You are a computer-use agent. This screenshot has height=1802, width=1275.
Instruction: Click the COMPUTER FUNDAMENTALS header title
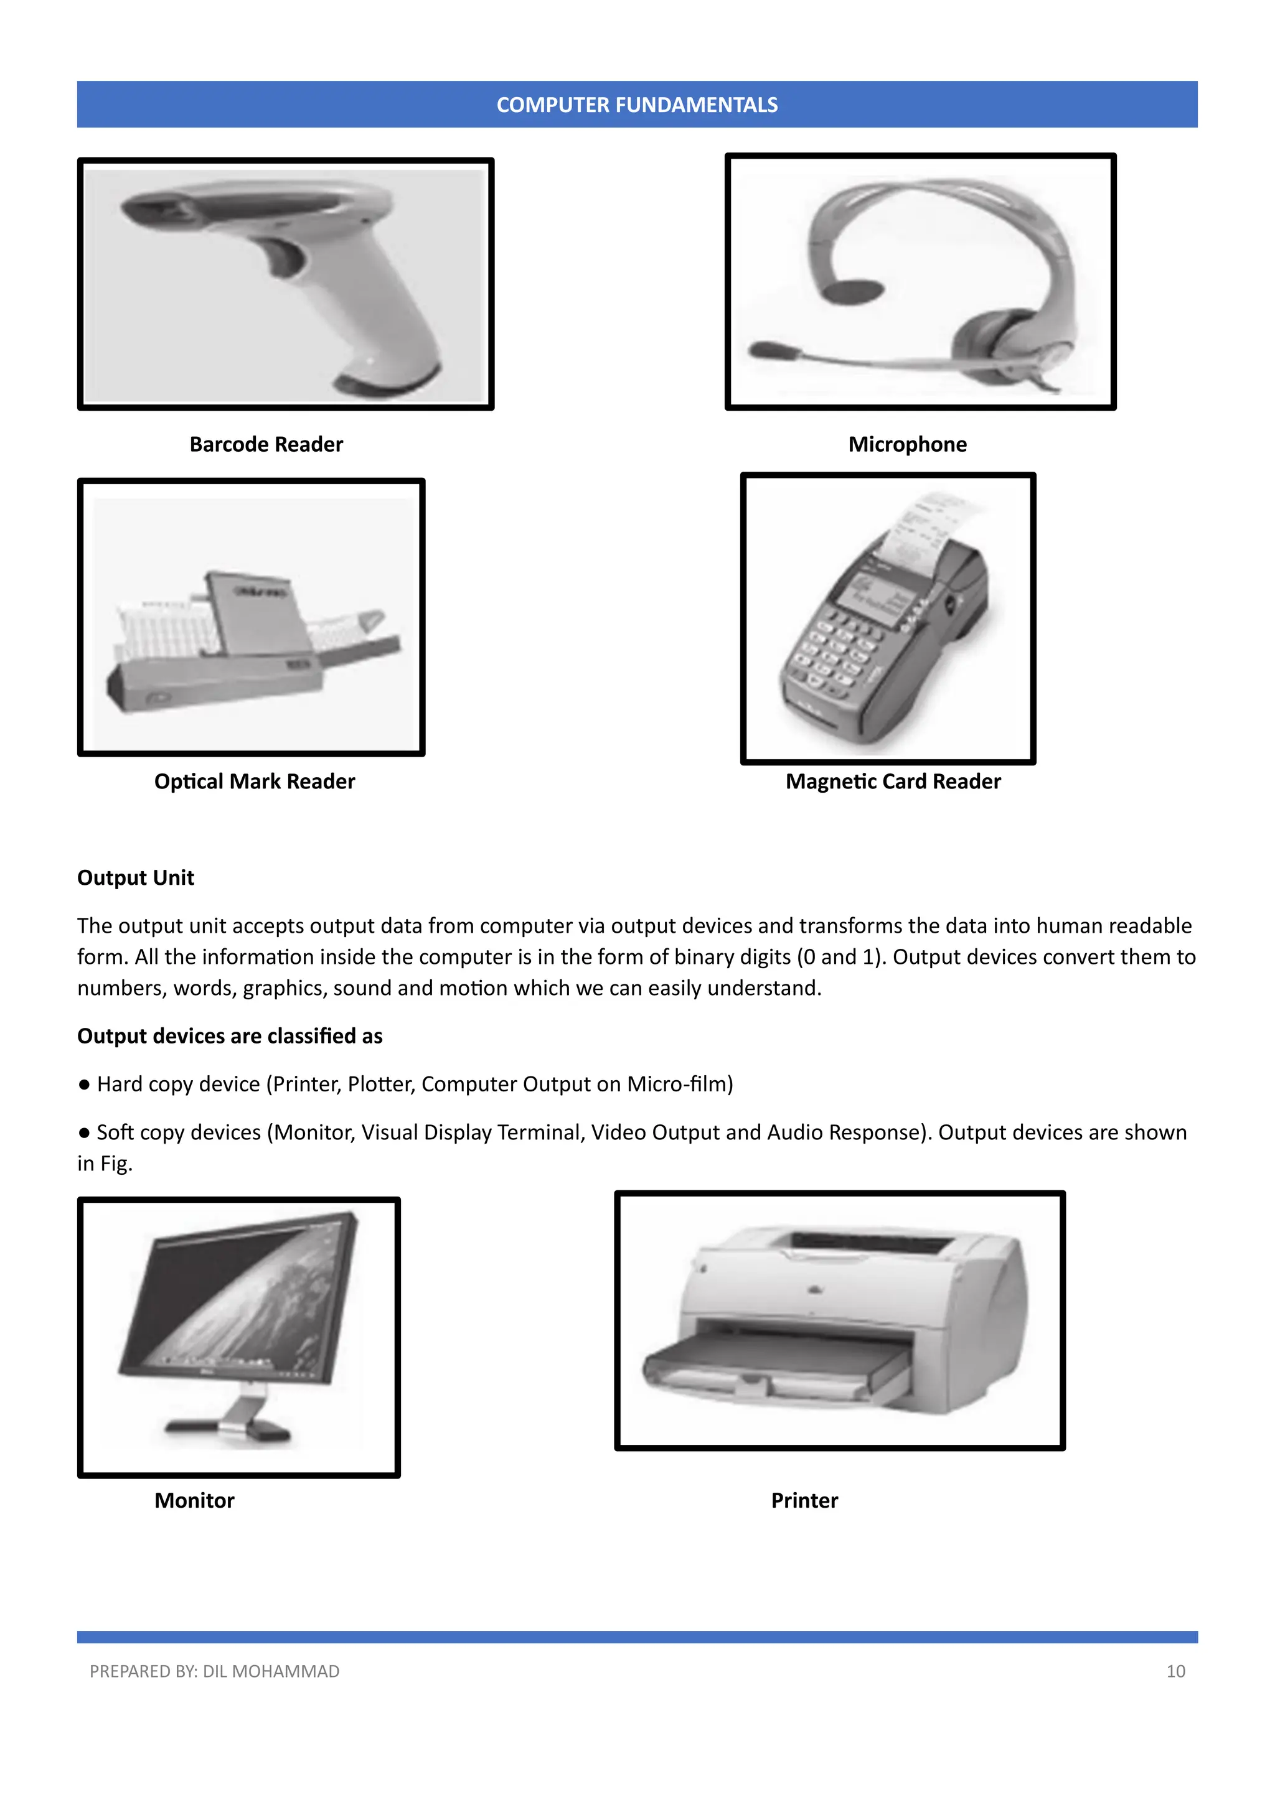click(637, 105)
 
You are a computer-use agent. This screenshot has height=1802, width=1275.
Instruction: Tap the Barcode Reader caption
click(266, 444)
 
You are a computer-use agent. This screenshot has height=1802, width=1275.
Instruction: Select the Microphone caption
click(907, 444)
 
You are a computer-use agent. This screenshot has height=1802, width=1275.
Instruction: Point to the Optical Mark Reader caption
click(255, 781)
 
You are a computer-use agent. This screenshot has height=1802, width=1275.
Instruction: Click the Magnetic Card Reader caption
click(893, 781)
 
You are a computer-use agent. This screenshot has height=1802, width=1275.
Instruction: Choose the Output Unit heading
click(135, 877)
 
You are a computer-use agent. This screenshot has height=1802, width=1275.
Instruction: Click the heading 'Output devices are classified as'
click(229, 1036)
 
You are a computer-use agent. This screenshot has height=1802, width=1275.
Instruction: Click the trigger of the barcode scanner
click(285, 259)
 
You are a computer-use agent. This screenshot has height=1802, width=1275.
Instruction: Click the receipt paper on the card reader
click(930, 526)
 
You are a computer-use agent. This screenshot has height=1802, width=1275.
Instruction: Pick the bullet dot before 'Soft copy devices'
click(84, 1132)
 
